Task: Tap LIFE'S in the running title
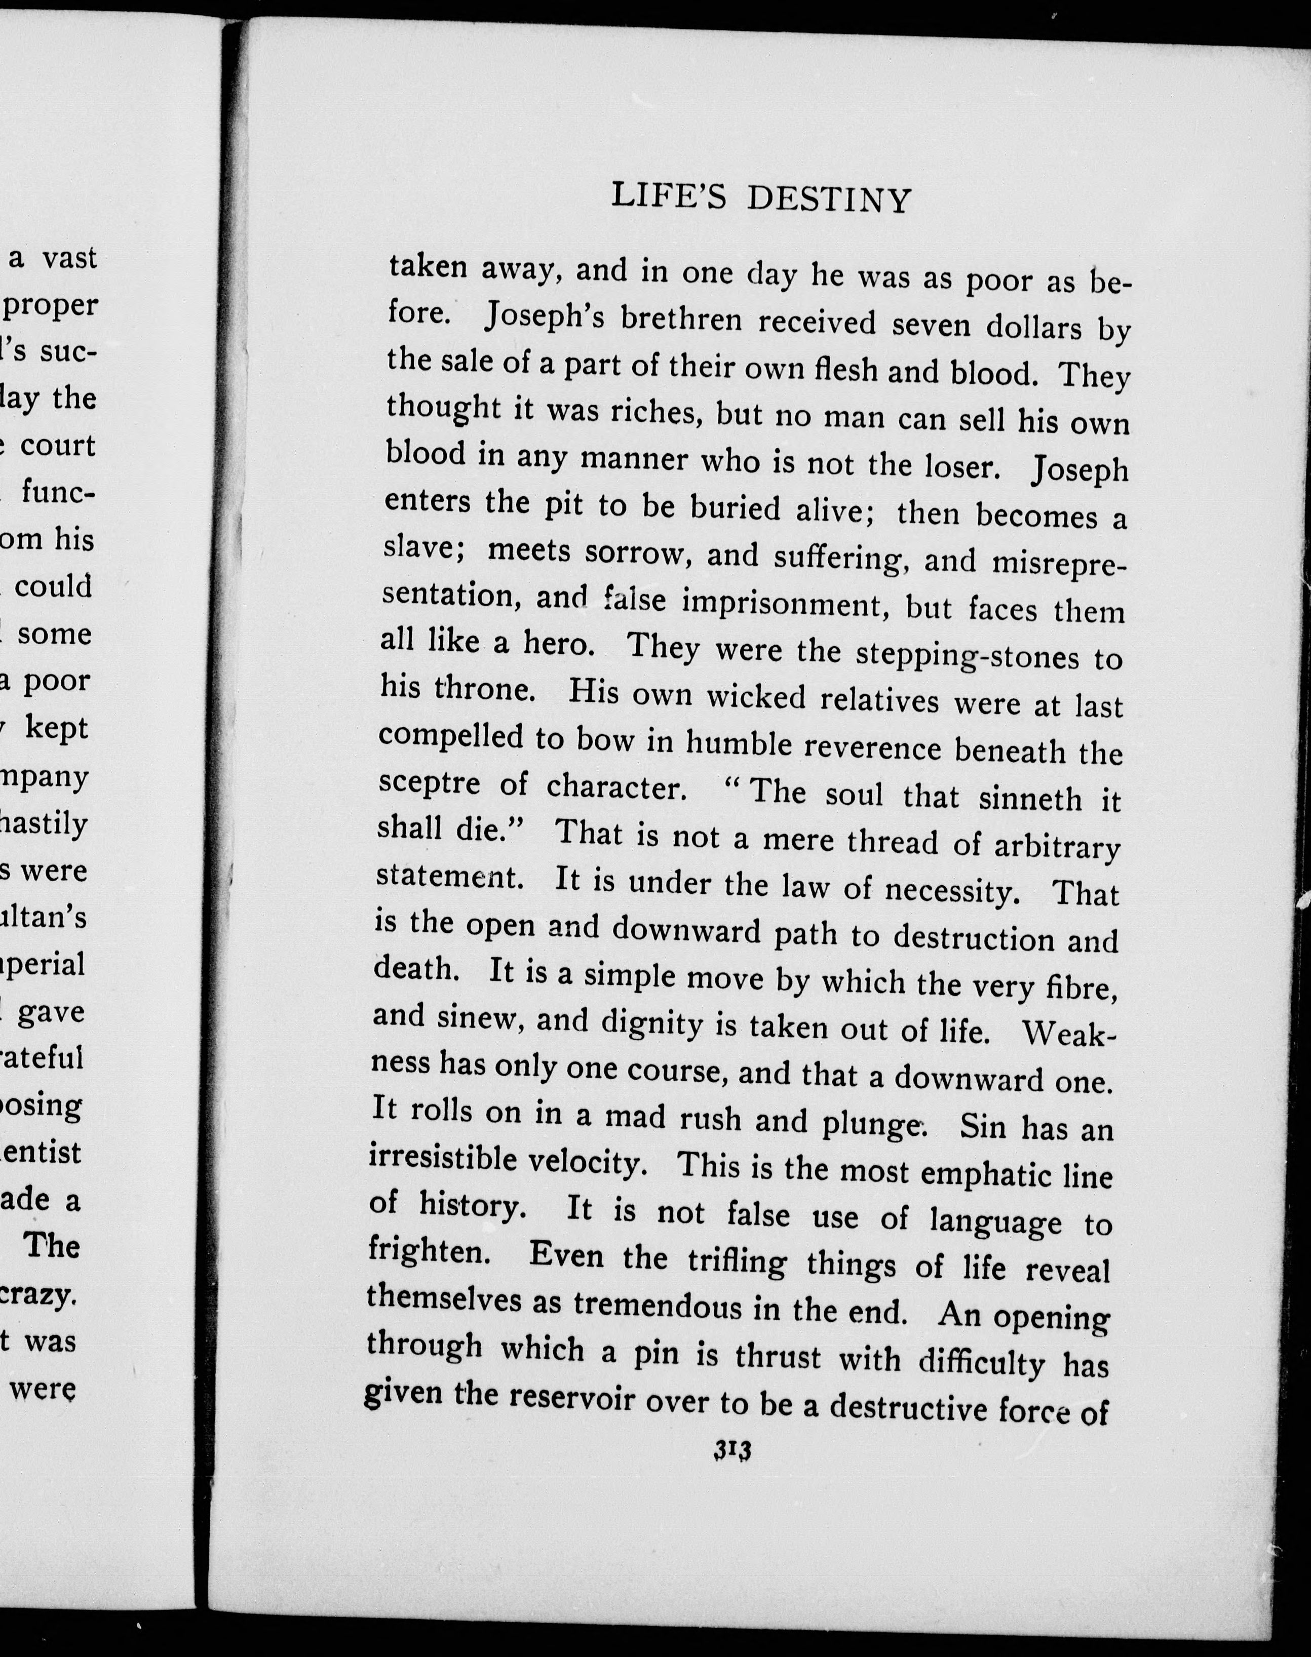point(668,196)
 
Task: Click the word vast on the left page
point(69,258)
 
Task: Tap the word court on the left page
point(58,446)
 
